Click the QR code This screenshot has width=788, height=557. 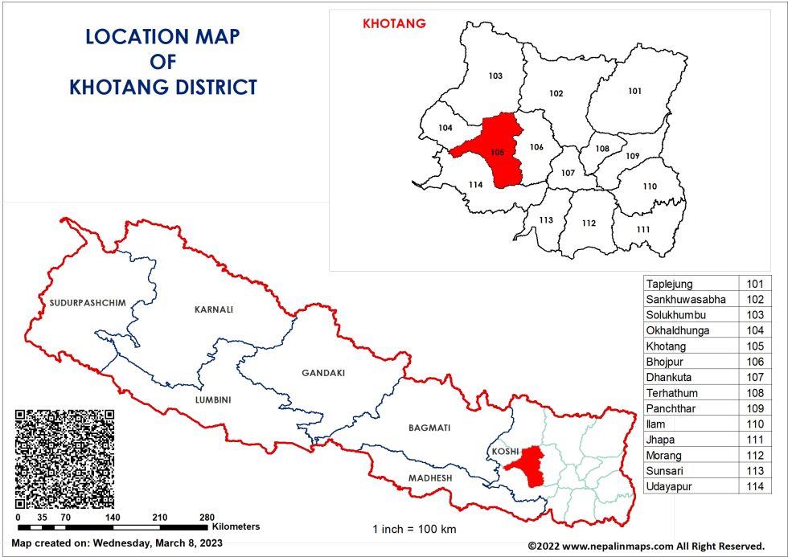(64, 456)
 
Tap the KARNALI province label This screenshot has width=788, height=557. (213, 309)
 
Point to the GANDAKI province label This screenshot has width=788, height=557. (323, 373)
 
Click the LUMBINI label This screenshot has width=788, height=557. (214, 399)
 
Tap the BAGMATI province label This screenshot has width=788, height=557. (429, 428)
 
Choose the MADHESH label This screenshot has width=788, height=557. (430, 478)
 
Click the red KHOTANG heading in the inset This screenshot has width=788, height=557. (394, 24)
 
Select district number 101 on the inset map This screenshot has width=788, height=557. (635, 91)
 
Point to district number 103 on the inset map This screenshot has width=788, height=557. (495, 76)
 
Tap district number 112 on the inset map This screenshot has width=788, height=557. (589, 223)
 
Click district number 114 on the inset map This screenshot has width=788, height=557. (475, 185)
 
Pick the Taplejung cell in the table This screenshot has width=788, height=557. (669, 284)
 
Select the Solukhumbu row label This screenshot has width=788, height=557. (675, 315)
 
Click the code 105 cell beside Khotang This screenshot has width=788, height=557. (754, 346)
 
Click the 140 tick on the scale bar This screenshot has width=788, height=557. (113, 517)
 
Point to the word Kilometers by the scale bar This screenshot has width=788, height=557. (236, 527)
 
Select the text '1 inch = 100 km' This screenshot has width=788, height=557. (414, 529)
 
